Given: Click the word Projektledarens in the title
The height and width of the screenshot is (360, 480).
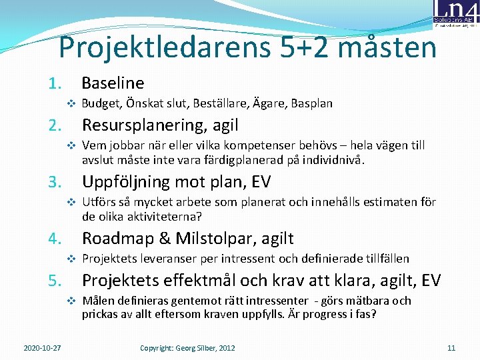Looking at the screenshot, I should [x=153, y=47].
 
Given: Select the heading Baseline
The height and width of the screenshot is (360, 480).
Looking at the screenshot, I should [x=113, y=83].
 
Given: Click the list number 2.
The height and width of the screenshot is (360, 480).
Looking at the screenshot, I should [x=55, y=125].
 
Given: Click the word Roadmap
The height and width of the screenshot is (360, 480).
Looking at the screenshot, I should [x=115, y=238].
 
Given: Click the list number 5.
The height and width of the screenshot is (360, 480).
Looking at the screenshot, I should [x=55, y=281].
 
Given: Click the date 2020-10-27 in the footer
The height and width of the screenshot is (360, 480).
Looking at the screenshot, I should [x=42, y=347].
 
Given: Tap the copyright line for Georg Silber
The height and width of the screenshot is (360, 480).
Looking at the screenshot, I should [x=187, y=347].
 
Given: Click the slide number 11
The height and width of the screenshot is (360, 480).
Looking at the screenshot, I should [x=451, y=347].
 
